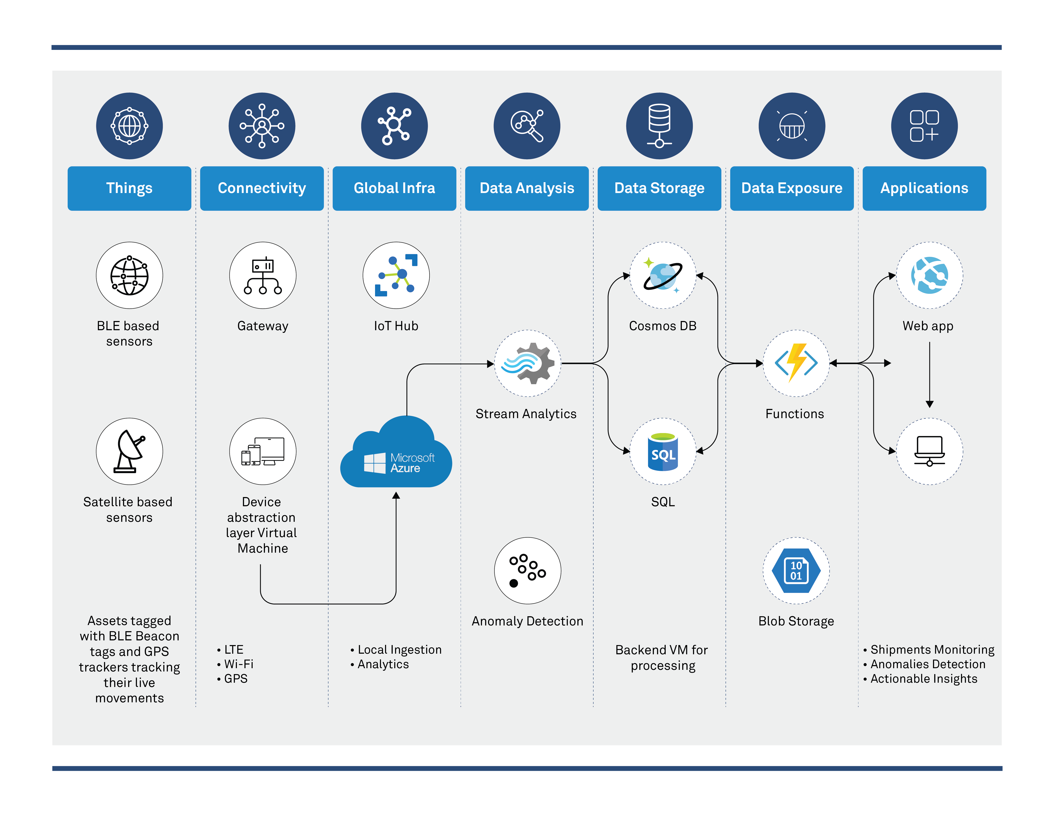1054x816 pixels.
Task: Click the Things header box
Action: point(129,188)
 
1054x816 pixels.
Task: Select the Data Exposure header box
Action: point(791,188)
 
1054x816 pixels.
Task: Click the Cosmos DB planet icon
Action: point(663,276)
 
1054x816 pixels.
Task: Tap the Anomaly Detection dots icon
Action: point(528,571)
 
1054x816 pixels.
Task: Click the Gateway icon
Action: point(263,276)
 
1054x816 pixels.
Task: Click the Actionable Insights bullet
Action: point(924,679)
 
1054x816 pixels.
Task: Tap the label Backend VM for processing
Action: point(662,658)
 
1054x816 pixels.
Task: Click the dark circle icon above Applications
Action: point(924,126)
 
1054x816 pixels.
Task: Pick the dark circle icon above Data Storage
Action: point(659,126)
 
